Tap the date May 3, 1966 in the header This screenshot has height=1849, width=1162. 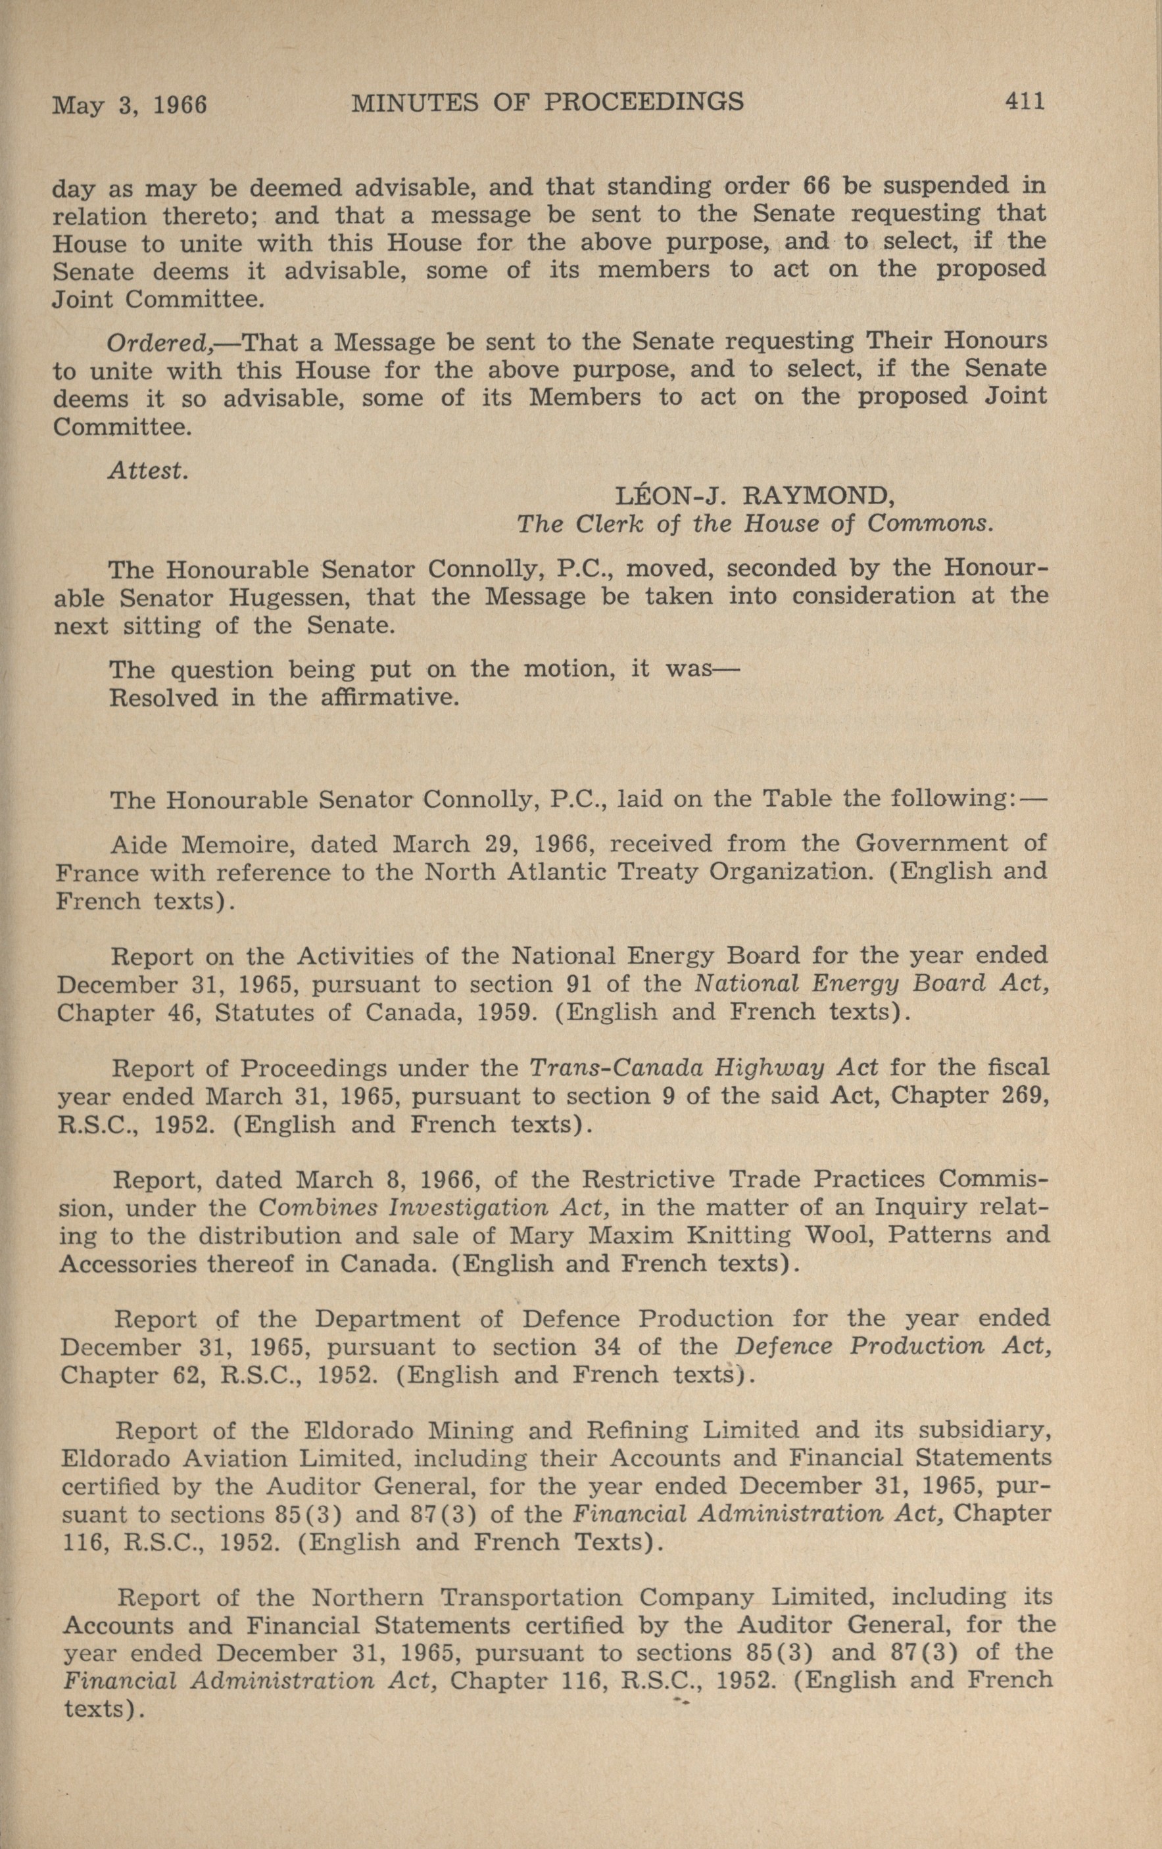[130, 104]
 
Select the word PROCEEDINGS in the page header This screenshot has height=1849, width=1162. [644, 101]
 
